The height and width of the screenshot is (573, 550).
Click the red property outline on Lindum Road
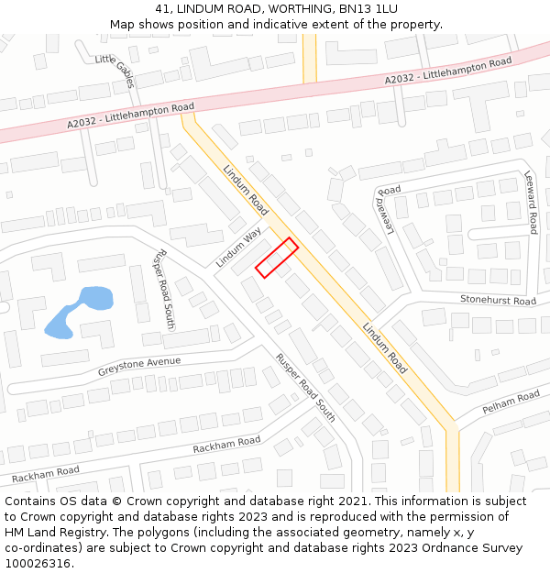click(277, 258)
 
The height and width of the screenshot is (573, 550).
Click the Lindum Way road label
click(238, 248)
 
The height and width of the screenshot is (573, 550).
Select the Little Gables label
click(115, 71)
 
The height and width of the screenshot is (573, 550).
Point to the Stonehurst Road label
click(498, 301)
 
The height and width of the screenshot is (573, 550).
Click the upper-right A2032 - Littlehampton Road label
click(448, 71)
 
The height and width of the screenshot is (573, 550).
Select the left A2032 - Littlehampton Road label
click(130, 115)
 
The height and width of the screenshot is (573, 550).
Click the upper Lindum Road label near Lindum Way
click(245, 190)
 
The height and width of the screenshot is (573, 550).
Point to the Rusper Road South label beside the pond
click(164, 289)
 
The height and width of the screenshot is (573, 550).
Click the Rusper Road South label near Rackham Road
click(306, 388)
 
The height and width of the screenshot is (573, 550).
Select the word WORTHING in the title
click(280, 9)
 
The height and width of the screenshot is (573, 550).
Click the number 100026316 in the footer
click(38, 564)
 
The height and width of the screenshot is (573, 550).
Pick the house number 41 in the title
click(160, 9)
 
